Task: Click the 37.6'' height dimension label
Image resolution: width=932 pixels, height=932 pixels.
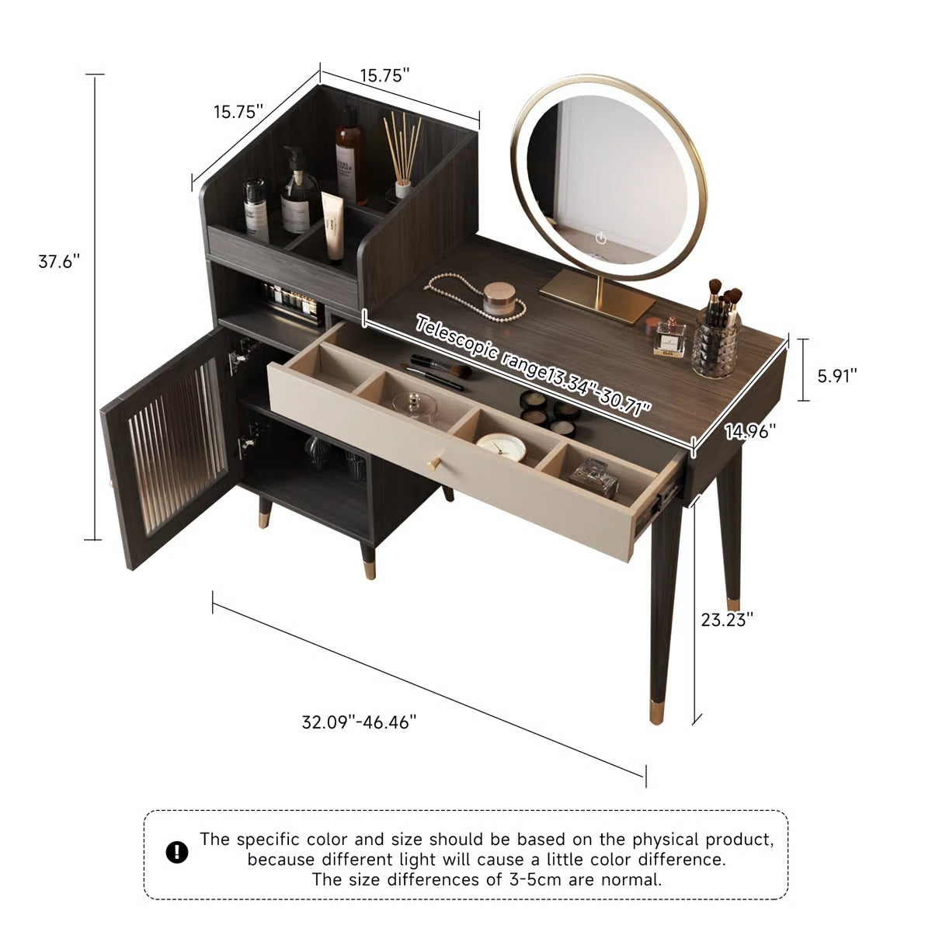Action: click(60, 262)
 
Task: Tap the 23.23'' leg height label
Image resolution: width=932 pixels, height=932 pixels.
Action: click(727, 620)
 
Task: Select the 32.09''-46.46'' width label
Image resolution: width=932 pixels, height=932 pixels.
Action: click(359, 722)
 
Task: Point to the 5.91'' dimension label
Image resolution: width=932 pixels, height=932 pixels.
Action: click(837, 376)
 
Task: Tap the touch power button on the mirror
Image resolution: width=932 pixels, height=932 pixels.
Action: click(600, 237)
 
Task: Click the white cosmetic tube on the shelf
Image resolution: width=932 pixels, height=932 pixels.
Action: click(333, 224)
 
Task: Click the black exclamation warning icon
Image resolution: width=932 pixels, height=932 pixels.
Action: click(177, 852)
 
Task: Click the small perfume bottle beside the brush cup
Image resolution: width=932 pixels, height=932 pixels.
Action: click(669, 339)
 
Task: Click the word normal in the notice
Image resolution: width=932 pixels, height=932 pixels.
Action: click(633, 880)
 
